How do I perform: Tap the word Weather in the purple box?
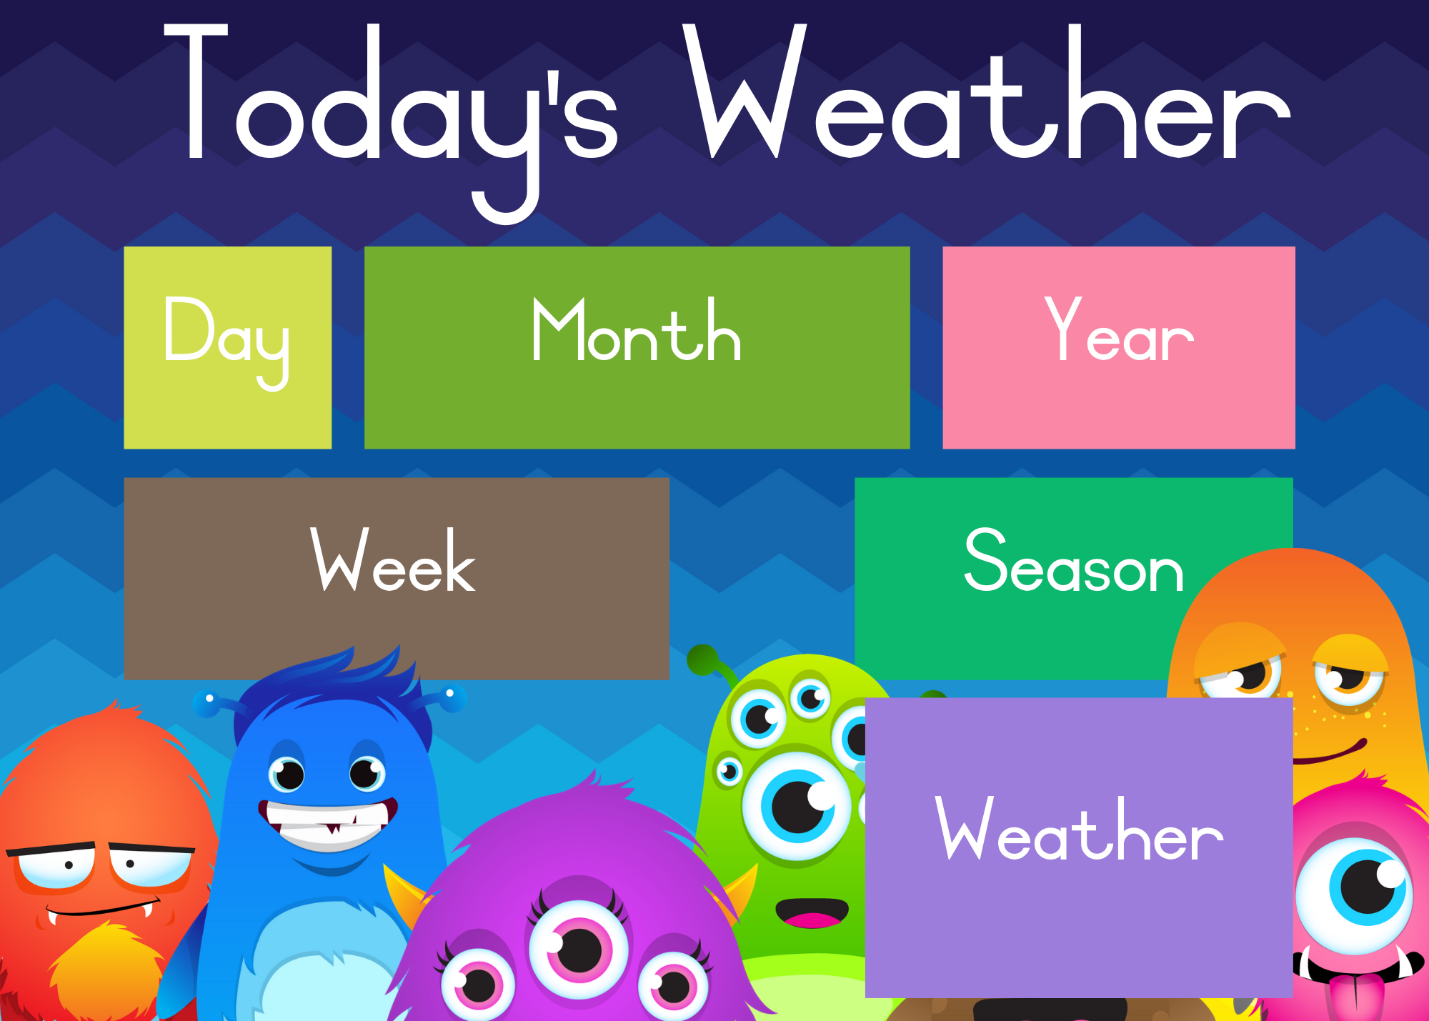tap(1079, 829)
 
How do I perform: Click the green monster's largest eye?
tap(797, 806)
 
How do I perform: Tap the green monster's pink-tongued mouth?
tap(812, 913)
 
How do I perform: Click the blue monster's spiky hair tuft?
tap(336, 679)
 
